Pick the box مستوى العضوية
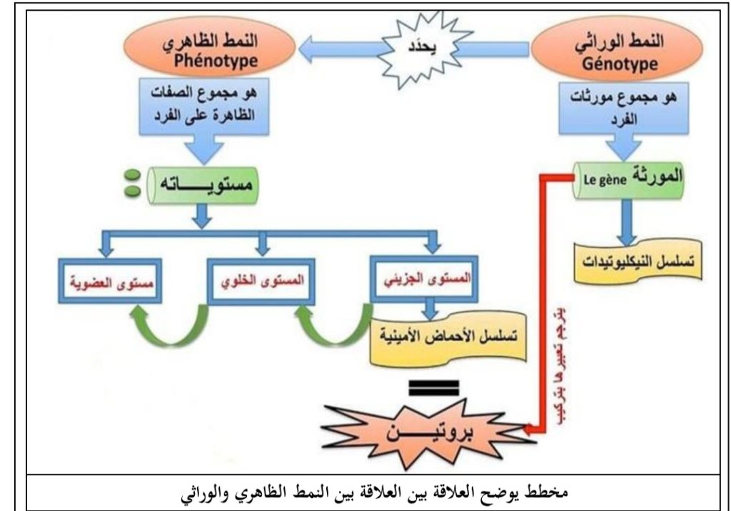(x=106, y=280)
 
